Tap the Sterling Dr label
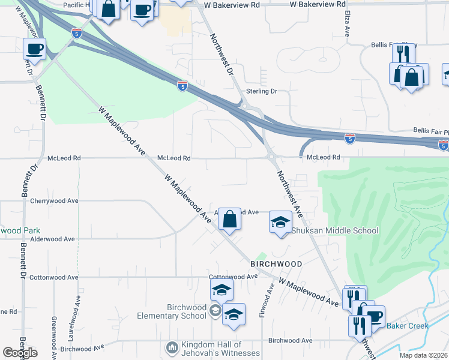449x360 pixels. click(262, 91)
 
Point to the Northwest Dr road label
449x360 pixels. click(221, 54)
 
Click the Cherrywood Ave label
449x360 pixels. click(55, 201)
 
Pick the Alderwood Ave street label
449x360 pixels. click(52, 239)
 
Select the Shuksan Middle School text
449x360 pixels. click(335, 230)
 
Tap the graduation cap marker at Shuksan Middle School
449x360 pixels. click(280, 222)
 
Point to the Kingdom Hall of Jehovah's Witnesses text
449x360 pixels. click(221, 349)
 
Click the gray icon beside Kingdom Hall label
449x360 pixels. click(172, 347)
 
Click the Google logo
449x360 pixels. click(20, 353)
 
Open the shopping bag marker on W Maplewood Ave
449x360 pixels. click(229, 219)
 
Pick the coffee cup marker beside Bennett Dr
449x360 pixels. click(34, 49)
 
